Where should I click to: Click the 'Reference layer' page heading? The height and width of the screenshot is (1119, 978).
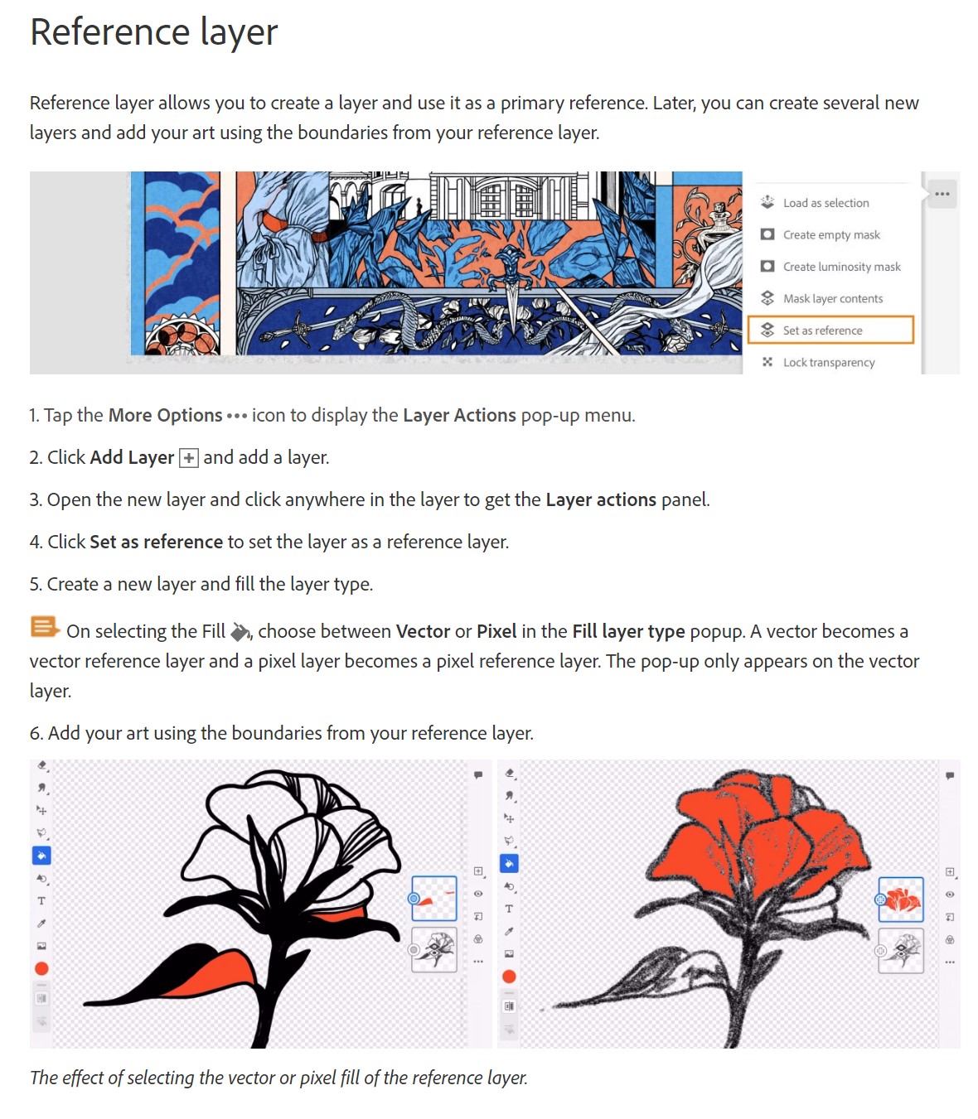point(153,32)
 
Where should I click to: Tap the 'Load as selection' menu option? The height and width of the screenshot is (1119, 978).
point(825,203)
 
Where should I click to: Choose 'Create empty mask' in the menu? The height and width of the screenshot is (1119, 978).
point(831,234)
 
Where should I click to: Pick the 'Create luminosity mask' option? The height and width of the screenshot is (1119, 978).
point(841,267)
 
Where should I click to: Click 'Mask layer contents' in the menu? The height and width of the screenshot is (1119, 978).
point(832,298)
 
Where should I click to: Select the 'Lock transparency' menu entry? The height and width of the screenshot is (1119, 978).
point(828,362)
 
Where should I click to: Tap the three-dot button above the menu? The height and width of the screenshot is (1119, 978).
point(942,194)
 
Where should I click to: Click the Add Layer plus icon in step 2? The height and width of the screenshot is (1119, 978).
point(189,458)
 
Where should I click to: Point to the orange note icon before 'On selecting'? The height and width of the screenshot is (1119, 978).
point(45,627)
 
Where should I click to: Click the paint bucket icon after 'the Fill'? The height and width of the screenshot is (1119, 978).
point(240,632)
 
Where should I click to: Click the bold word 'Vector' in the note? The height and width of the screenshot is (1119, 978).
point(423,631)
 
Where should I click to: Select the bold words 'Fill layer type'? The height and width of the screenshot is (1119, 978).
point(628,631)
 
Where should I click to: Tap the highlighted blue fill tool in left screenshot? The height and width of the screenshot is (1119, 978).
point(41,856)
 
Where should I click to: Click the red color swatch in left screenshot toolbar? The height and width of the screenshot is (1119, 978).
point(41,968)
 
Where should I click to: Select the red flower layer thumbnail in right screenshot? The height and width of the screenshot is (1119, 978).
point(901,900)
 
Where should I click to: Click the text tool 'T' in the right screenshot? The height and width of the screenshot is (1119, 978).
point(509,909)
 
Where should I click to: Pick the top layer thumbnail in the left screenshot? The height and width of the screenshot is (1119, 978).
point(434,898)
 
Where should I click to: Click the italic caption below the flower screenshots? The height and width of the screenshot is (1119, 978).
point(278,1078)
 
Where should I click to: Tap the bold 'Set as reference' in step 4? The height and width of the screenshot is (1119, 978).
point(156,542)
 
